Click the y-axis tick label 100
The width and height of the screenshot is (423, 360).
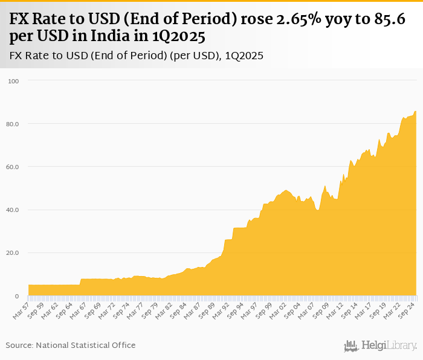(13, 81)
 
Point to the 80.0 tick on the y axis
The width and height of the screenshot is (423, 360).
(13, 124)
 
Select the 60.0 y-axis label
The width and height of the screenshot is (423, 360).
(13, 167)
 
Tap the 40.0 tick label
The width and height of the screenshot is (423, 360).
(13, 210)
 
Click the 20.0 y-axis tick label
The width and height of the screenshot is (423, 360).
(13, 253)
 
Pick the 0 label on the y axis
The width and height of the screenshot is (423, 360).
(17, 296)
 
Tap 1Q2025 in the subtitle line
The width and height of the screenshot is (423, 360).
(244, 56)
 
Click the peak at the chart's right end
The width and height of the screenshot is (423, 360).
(415, 111)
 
